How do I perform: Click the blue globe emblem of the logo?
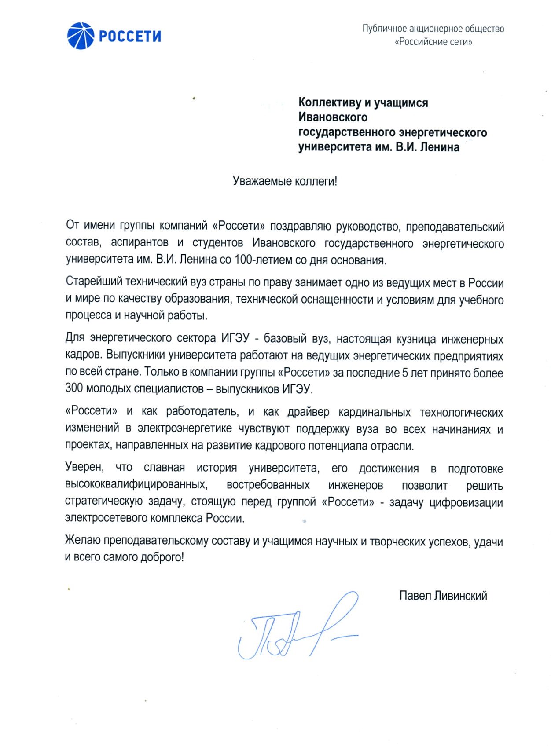point(81,35)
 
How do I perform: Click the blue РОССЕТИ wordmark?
point(130,36)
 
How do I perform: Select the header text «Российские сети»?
point(433,42)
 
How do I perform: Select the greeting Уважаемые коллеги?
point(285,181)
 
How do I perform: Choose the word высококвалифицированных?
point(136,485)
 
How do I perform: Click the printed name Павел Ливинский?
point(443,596)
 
